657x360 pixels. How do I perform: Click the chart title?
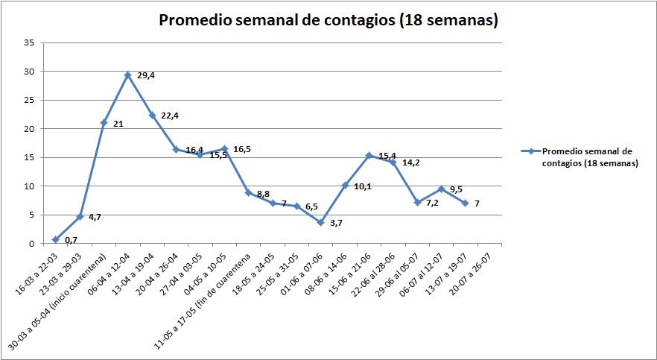pos(328,21)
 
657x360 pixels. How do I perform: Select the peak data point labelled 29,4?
pos(128,75)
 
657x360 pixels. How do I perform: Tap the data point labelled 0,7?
pos(56,239)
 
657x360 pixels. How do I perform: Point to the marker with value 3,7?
pos(320,222)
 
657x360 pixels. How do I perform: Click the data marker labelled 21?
pos(104,123)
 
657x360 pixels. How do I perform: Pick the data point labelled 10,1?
pos(345,186)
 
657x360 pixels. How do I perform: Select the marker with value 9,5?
pos(441,189)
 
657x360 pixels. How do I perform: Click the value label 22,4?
pos(171,115)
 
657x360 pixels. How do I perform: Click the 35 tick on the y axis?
pos(29,42)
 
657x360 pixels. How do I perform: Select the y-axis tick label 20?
pos(29,129)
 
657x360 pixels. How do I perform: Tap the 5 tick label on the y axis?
pos(31,215)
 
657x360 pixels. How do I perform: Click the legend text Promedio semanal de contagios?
pos(589,157)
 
